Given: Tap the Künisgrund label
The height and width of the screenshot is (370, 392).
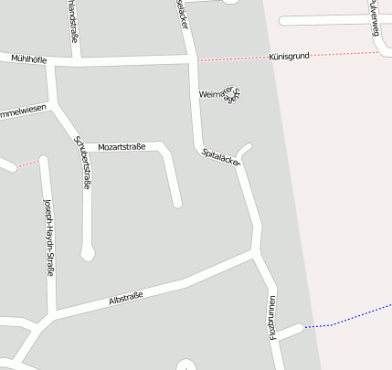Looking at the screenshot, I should coord(289,57).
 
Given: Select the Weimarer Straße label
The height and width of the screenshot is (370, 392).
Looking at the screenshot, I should coord(219,95).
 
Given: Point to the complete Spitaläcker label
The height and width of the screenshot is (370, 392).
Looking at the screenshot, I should coord(221,156).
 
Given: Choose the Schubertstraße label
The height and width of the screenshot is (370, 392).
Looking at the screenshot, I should coord(81,163).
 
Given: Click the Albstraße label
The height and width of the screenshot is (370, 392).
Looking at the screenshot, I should coord(126,299).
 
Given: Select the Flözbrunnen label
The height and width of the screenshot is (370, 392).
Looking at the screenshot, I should coord(272,317).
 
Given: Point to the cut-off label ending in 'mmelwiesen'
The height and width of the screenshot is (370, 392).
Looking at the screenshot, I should coord(23,113).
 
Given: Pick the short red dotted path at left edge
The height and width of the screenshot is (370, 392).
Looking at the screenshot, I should coord(28,164).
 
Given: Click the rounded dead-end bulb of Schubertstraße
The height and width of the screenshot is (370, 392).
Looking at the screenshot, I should coord(88,254).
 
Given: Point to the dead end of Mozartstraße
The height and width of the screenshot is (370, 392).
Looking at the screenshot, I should coord(178,203).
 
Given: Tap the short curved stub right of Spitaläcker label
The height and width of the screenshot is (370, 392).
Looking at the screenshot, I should coord(244,149).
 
